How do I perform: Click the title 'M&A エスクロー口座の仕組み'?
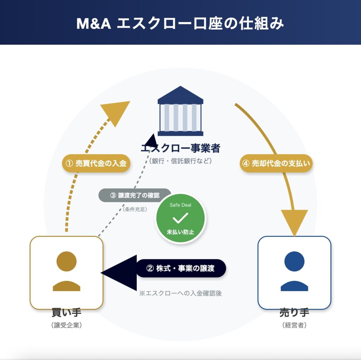click(x=180, y=24)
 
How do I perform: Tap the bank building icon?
click(x=180, y=111)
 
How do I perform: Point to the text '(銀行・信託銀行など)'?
click(x=180, y=161)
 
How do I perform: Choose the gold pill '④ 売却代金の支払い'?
click(x=277, y=163)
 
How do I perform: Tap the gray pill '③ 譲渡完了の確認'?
click(x=135, y=196)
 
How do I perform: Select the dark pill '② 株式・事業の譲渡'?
click(x=181, y=269)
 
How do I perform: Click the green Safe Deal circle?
click(x=180, y=218)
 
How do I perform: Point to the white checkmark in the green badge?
click(x=180, y=218)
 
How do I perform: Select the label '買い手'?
click(x=67, y=313)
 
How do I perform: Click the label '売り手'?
click(x=294, y=313)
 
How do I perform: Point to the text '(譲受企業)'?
click(x=67, y=325)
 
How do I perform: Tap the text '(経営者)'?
click(x=294, y=325)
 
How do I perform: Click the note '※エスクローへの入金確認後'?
click(x=180, y=293)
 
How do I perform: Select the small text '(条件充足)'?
click(x=135, y=209)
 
